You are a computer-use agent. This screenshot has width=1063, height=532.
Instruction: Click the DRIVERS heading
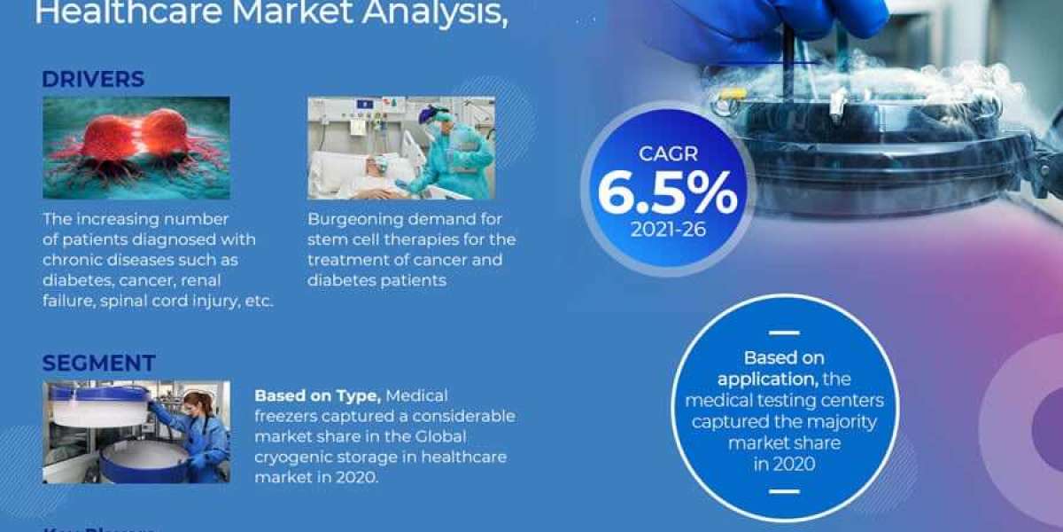93,79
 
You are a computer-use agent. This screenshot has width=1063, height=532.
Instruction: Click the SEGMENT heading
98,363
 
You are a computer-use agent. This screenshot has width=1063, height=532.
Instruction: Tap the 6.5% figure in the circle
666,192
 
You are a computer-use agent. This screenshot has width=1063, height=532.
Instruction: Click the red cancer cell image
136,147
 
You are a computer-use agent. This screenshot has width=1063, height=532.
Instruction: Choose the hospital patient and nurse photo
400,147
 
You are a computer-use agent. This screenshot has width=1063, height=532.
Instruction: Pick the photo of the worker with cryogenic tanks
136,431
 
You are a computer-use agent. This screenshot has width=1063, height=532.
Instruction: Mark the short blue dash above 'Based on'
783,333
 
